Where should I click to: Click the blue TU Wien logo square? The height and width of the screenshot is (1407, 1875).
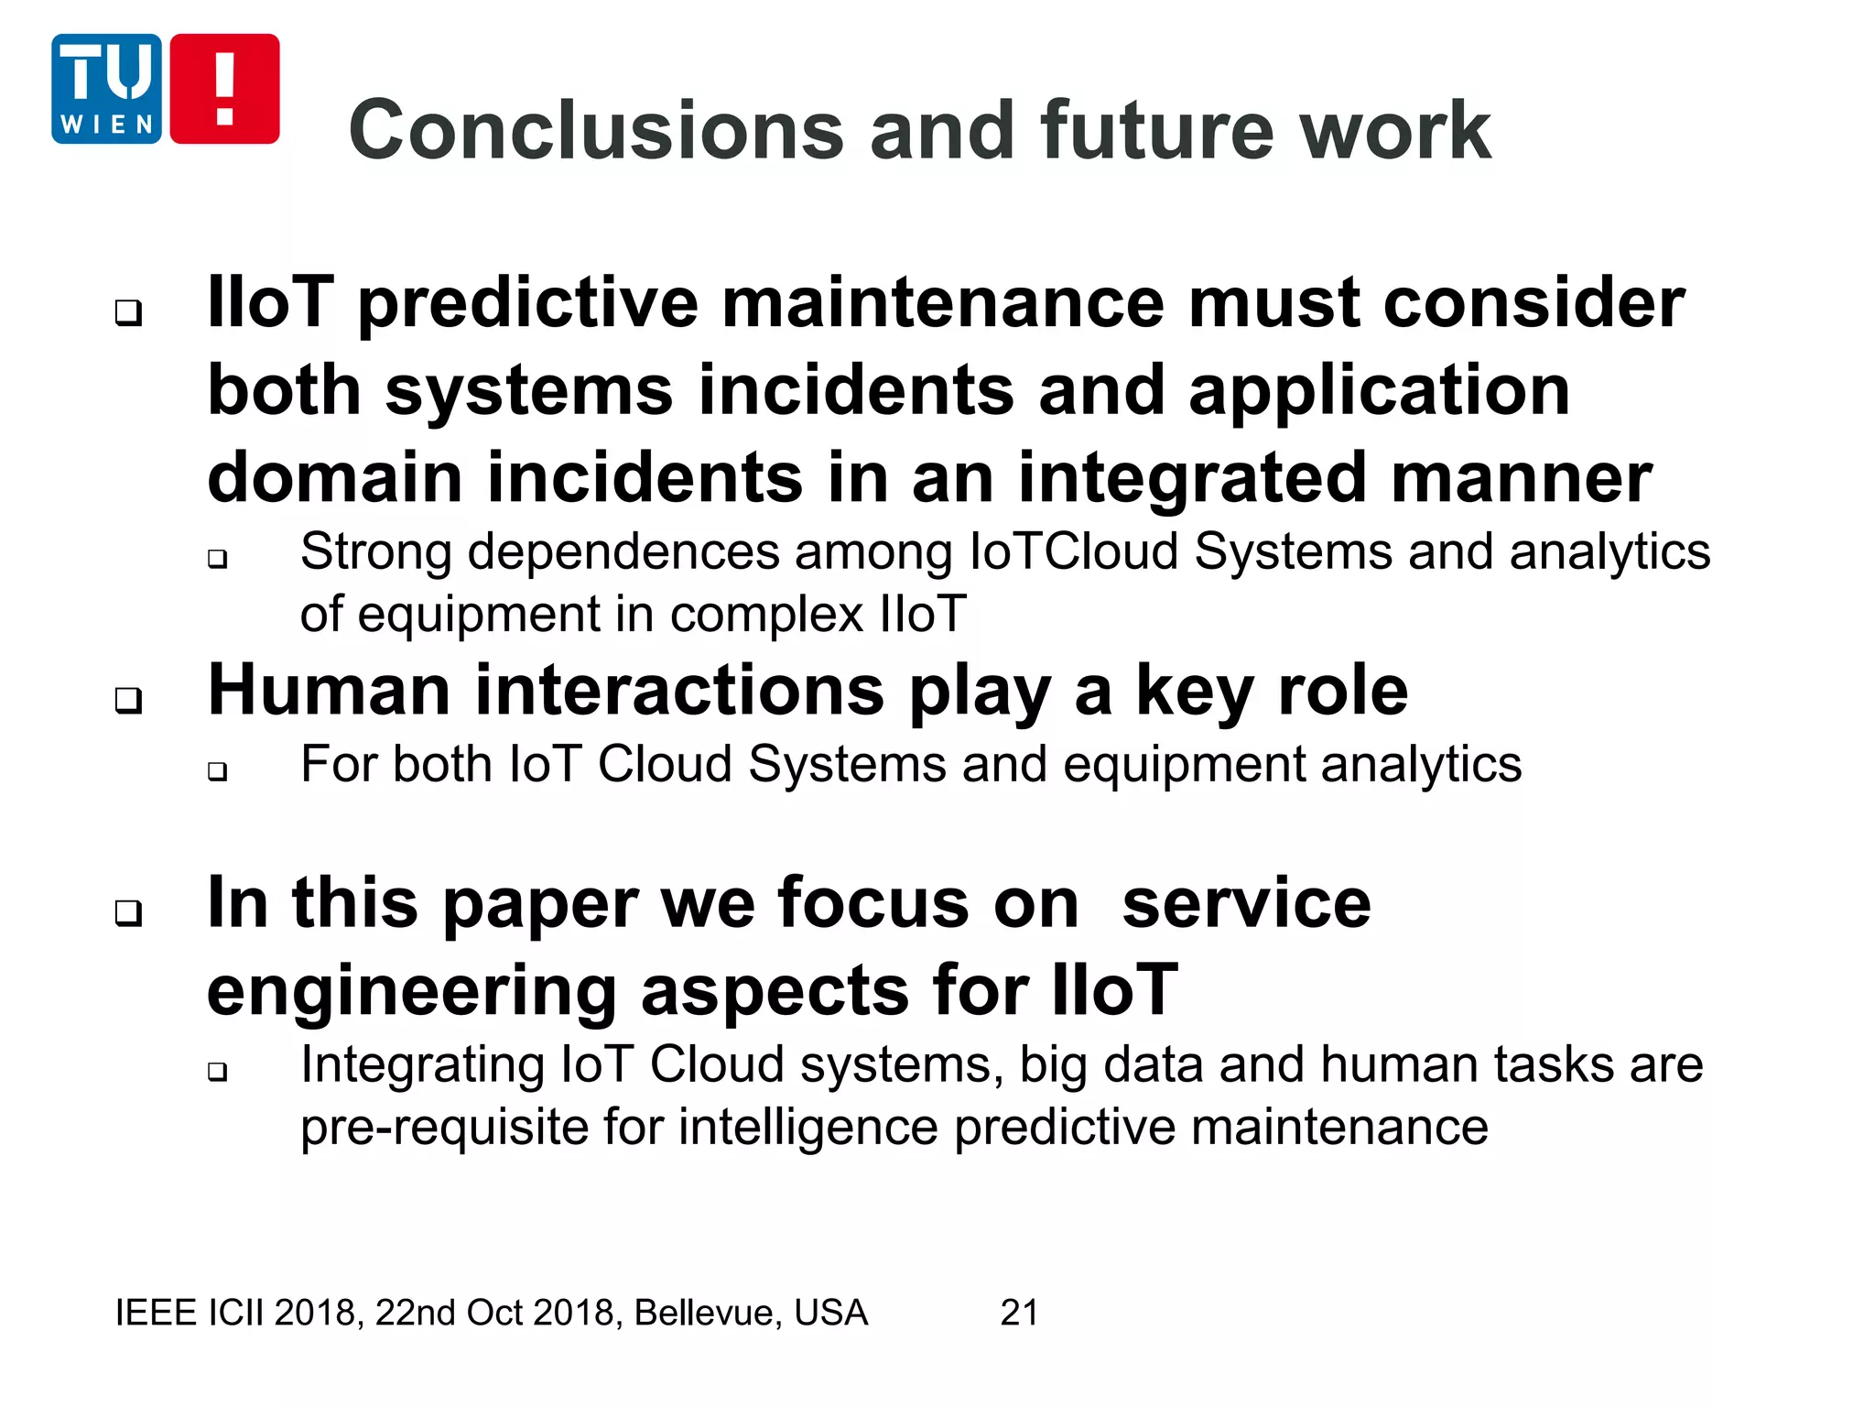tap(106, 89)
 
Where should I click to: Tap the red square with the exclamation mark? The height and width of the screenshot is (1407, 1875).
tap(224, 89)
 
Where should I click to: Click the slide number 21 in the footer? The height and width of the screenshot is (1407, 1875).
tap(1019, 1313)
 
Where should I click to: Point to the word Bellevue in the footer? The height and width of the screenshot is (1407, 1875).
tap(708, 1313)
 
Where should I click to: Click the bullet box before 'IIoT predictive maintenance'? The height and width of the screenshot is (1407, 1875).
tap(128, 312)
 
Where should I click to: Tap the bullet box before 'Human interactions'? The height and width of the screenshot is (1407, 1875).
tap(128, 701)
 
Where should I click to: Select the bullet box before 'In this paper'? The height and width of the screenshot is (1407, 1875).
tap(128, 912)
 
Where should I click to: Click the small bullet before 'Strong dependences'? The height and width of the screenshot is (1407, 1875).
tap(217, 558)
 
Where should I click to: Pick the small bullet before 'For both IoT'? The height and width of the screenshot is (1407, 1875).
tap(217, 770)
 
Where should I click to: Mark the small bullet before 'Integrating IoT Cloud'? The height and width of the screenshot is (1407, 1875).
tap(217, 1071)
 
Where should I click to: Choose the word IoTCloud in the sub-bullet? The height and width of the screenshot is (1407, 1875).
tap(1073, 552)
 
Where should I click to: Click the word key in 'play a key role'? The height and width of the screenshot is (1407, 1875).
tap(1195, 692)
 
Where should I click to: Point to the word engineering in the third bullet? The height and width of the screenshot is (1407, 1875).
tap(412, 992)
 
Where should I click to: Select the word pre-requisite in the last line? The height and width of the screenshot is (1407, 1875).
tap(443, 1127)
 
